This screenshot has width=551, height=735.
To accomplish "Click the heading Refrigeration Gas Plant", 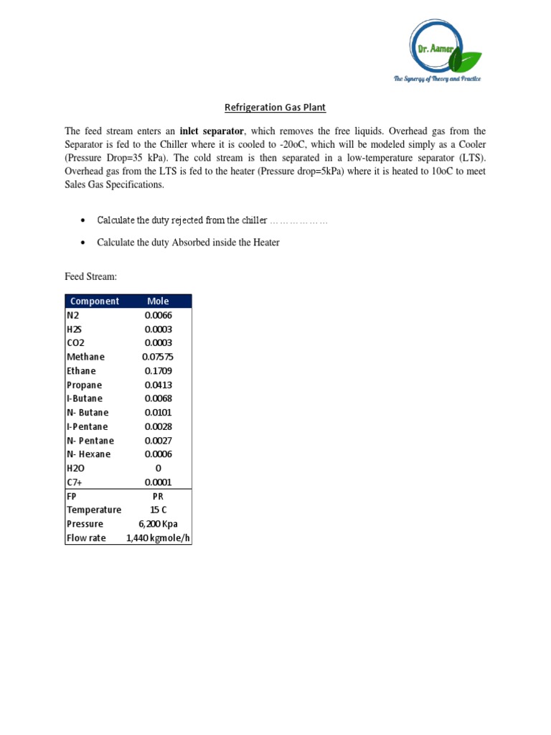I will tap(275, 108).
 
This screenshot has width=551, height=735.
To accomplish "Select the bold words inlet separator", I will tap(212, 131).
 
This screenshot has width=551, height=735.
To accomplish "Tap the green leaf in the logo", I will tap(470, 59).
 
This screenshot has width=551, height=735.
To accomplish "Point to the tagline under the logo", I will tap(436, 78).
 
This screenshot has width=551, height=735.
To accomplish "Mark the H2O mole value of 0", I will tap(158, 468).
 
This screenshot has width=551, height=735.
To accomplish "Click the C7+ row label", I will tap(75, 482).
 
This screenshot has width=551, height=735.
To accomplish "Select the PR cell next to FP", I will tap(158, 496).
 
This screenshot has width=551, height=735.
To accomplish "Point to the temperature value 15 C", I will tap(158, 510).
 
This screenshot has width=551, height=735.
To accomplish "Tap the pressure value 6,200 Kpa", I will tap(158, 524).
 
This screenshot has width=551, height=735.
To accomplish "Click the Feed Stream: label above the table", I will tap(90, 276).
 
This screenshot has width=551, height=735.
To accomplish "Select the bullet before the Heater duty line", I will tap(84, 243).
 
